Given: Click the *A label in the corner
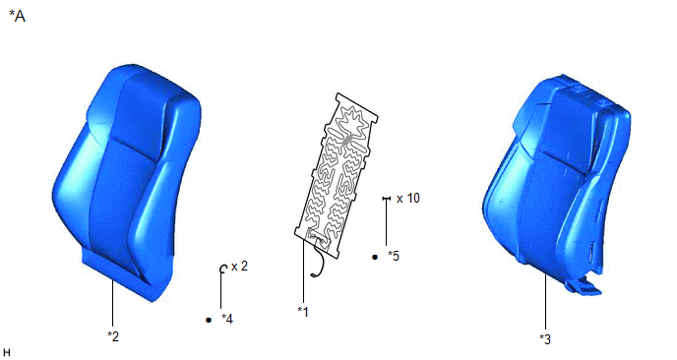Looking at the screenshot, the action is [x=18, y=17].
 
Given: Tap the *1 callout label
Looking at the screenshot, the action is [x=303, y=312].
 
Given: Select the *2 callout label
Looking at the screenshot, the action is [x=113, y=336].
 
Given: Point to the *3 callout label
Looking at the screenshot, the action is [x=545, y=339].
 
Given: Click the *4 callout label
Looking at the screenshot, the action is [x=227, y=319].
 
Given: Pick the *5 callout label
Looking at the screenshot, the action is [x=394, y=256].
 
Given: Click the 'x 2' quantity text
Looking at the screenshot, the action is [x=240, y=267].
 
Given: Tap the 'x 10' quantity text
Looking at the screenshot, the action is [x=408, y=198].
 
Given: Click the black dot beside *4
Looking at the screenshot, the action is [x=209, y=320].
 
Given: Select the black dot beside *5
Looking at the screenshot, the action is [x=375, y=257].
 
